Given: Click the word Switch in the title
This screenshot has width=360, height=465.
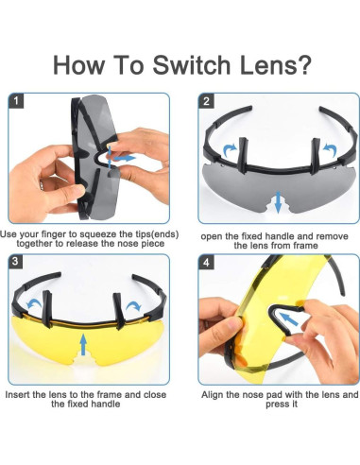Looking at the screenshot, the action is [x=193, y=65].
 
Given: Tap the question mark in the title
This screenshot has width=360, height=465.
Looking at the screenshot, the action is [x=302, y=64].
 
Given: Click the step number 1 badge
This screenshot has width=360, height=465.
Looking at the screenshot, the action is [x=16, y=101].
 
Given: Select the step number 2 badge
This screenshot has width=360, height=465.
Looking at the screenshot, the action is [x=206, y=101].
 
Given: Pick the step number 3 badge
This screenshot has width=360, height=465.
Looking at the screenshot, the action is [x=15, y=262].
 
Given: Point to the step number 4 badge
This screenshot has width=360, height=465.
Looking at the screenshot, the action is [x=206, y=262].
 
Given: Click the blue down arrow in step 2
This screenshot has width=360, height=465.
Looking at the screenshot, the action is [x=278, y=202].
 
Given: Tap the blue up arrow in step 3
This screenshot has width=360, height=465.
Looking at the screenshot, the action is [x=83, y=345].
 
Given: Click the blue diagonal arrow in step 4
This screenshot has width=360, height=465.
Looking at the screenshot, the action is [x=288, y=319].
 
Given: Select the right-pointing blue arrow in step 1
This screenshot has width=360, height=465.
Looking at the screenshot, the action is [x=125, y=158].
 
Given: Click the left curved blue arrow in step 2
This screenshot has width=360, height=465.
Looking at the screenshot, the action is [x=230, y=150].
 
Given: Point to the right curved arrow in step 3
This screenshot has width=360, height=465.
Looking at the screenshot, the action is [x=133, y=305].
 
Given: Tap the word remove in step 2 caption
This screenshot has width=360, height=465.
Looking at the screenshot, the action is [x=332, y=236].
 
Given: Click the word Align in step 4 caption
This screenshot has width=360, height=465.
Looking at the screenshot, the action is [x=213, y=394].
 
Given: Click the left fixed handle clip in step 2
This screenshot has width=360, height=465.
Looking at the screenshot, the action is [x=243, y=155].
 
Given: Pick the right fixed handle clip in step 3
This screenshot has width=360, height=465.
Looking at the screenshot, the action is [x=119, y=311].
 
